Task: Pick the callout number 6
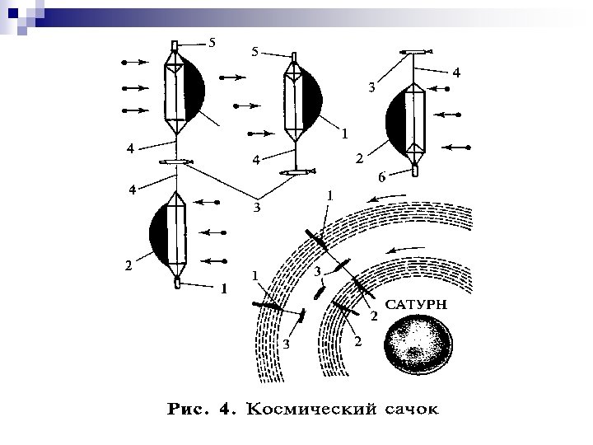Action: point(381,177)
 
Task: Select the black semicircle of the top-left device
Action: point(195,87)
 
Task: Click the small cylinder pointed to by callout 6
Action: point(415,171)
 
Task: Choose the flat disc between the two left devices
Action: point(177,162)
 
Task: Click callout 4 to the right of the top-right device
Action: point(457,73)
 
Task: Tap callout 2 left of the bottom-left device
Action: point(127,265)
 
